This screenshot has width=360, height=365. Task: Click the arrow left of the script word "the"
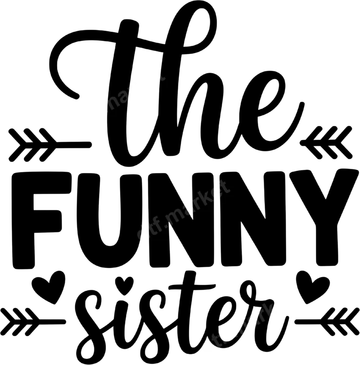click(50, 145)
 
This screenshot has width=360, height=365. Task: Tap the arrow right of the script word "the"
click(326, 143)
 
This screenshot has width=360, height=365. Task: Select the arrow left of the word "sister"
click(33, 322)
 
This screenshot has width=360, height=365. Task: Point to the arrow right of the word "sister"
click(327, 322)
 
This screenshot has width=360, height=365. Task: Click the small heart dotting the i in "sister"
click(125, 285)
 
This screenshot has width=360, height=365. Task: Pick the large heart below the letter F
click(48, 287)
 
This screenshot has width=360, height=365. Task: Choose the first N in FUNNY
click(183, 219)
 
